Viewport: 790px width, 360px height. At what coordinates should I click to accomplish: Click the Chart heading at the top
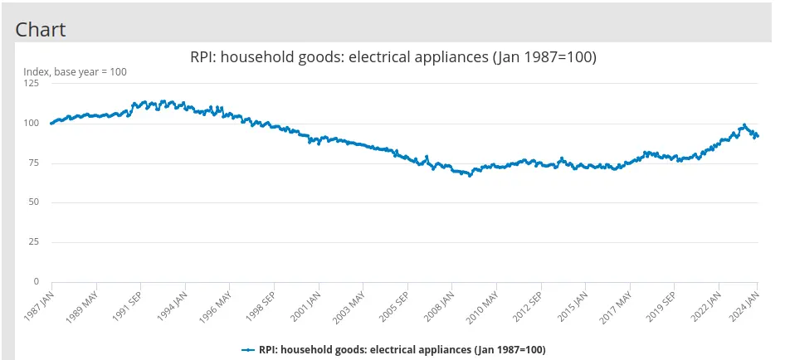41,29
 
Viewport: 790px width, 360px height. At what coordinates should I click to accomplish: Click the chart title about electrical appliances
394,57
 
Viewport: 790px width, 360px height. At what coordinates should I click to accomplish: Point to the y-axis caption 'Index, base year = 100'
75,72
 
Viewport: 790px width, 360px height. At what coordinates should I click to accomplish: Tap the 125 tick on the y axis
31,84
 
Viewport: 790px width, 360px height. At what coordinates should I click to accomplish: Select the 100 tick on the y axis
31,124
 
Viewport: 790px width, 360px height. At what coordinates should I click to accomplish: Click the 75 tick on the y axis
33,163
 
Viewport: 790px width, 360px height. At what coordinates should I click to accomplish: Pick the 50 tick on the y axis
33,203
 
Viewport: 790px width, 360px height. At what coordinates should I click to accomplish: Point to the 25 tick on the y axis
33,242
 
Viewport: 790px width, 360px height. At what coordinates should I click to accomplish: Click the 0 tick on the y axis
36,282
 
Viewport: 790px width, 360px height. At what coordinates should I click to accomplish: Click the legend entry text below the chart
402,350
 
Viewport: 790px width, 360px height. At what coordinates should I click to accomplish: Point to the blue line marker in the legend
248,350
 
